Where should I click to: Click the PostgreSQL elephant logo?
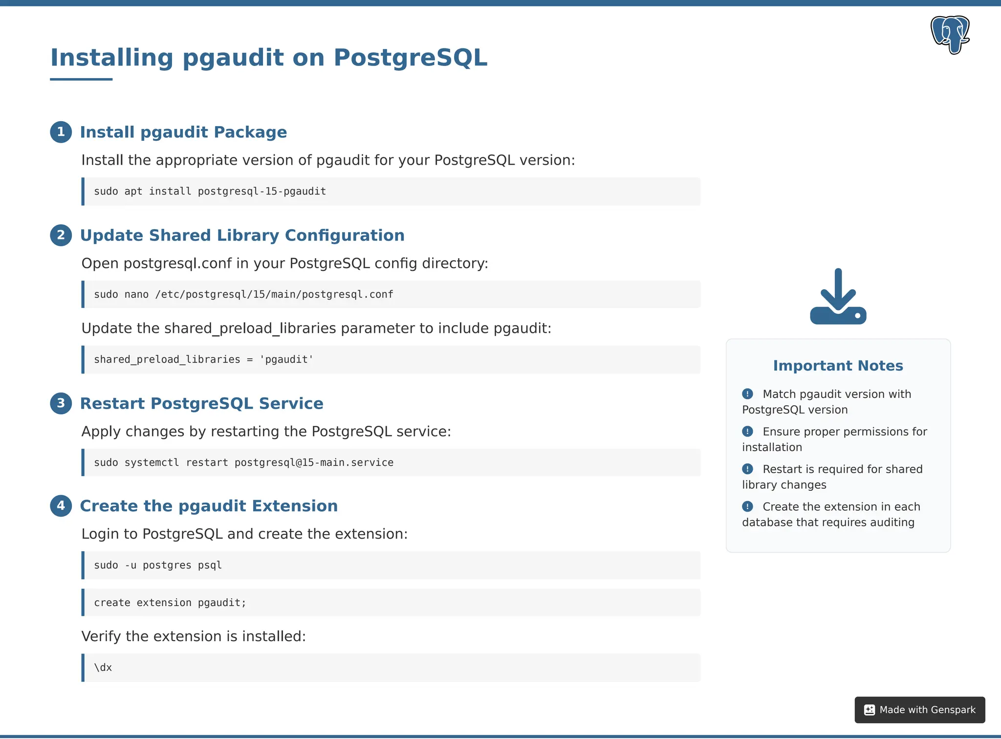click(x=950, y=34)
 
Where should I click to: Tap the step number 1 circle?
click(x=61, y=132)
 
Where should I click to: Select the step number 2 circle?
click(x=61, y=235)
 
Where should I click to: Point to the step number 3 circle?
click(x=61, y=403)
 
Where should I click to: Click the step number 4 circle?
click(x=61, y=505)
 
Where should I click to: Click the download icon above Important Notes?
click(x=838, y=297)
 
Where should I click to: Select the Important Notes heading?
click(x=838, y=366)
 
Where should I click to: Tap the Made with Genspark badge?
click(x=919, y=710)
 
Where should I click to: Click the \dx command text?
click(x=103, y=668)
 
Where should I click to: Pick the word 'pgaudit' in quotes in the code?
click(x=286, y=360)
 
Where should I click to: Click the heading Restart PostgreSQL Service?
click(x=201, y=403)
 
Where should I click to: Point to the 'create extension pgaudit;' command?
click(x=170, y=603)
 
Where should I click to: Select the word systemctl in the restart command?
click(x=152, y=462)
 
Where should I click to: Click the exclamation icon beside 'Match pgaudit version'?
click(x=747, y=394)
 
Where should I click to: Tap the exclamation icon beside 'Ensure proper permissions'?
click(x=747, y=432)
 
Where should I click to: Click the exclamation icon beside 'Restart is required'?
click(x=747, y=469)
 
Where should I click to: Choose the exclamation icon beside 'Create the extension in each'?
click(x=747, y=507)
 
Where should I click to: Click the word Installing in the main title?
click(x=112, y=58)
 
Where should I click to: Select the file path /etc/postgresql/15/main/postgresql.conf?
click(x=274, y=294)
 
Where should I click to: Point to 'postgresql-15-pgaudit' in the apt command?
click(x=261, y=191)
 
